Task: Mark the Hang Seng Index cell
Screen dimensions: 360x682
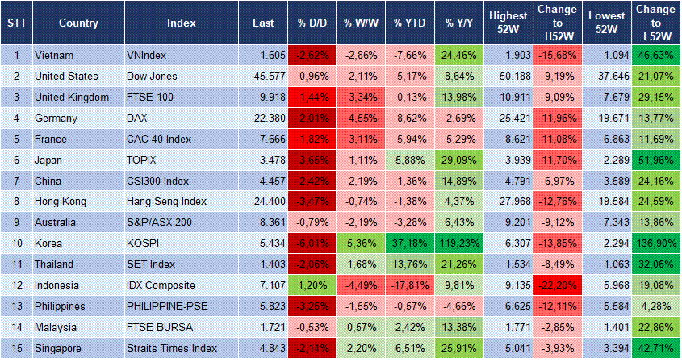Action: click(x=166, y=201)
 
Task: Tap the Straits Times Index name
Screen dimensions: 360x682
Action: click(x=172, y=348)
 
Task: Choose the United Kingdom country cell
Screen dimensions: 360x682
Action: click(x=72, y=98)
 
